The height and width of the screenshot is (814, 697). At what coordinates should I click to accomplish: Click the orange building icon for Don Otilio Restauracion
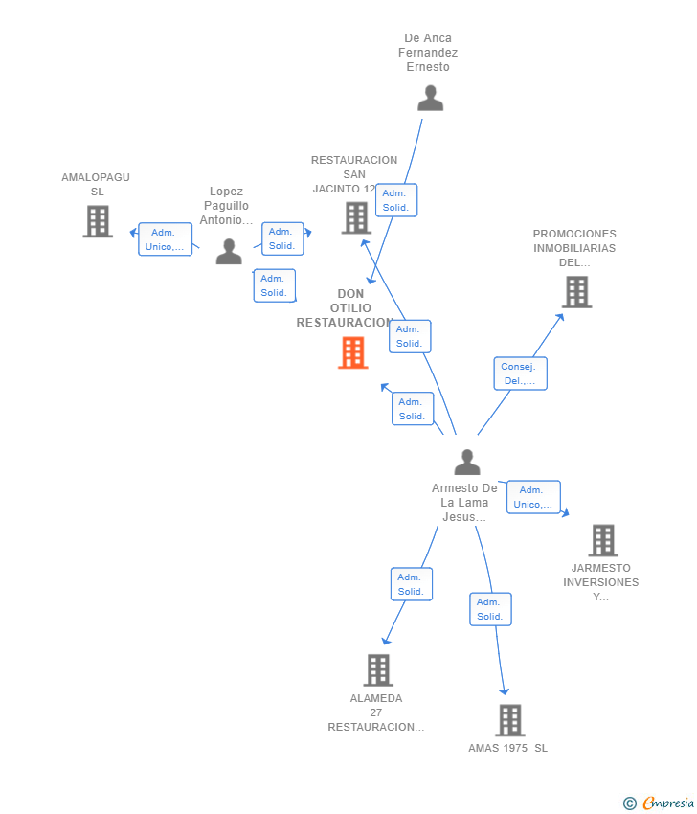353,353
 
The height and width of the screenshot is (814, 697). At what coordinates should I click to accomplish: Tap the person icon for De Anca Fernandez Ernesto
430,98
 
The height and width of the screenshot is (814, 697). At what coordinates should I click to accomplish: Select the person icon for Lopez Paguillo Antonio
229,251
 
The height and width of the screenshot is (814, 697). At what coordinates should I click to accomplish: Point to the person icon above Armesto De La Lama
467,462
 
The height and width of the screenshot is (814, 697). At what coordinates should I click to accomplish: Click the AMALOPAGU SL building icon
98,221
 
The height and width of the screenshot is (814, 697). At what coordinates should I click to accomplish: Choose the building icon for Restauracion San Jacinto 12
356,218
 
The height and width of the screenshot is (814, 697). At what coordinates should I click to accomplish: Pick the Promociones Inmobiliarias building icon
576,292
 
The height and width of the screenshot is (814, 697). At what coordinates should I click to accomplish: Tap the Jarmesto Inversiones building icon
603,540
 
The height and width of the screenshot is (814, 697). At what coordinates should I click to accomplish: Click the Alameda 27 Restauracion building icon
378,670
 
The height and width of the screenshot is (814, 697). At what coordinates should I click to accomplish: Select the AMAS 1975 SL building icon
510,720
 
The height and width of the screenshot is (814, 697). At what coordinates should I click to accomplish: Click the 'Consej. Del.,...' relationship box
520,373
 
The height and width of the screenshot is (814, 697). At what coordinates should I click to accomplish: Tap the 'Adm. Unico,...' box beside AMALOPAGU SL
165,239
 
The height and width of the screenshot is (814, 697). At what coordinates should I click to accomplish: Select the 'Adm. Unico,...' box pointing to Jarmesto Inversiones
533,497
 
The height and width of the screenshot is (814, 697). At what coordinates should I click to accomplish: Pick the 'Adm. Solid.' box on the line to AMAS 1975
490,609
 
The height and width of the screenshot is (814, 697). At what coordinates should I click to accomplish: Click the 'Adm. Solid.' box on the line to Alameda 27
412,584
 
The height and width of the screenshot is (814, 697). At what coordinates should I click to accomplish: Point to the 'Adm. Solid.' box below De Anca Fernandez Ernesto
396,200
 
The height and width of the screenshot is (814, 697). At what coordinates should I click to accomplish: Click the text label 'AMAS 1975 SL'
508,748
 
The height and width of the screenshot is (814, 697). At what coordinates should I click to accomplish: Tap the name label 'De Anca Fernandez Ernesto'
428,53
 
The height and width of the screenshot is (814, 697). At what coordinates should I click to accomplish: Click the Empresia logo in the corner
659,803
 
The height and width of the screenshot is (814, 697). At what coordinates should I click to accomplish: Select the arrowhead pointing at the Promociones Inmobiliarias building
559,318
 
